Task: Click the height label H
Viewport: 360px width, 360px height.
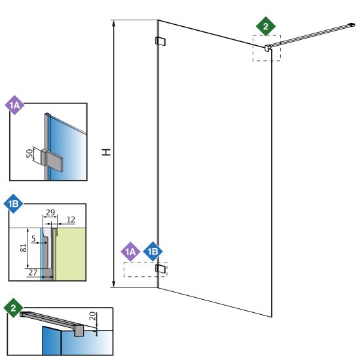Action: pyautogui.click(x=106, y=152)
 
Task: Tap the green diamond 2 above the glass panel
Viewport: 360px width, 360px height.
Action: pyautogui.click(x=266, y=26)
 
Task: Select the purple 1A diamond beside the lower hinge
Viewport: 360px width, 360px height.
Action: pyautogui.click(x=130, y=251)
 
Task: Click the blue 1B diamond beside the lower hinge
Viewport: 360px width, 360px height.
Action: pyautogui.click(x=153, y=251)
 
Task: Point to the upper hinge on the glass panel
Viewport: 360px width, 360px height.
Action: pyautogui.click(x=160, y=41)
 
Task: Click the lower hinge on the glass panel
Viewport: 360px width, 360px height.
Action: pyautogui.click(x=160, y=268)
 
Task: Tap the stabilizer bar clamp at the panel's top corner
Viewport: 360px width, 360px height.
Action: pyautogui.click(x=268, y=48)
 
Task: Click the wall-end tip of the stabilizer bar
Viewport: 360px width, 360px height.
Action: pyautogui.click(x=352, y=24)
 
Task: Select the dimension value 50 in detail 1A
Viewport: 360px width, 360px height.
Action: pyautogui.click(x=29, y=153)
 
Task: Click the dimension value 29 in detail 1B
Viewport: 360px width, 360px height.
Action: pyautogui.click(x=50, y=212)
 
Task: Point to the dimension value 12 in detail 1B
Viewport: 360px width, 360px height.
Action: pyautogui.click(x=71, y=220)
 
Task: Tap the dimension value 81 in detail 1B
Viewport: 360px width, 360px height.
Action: pyautogui.click(x=24, y=248)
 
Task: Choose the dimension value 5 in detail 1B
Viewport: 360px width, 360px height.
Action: pyautogui.click(x=34, y=239)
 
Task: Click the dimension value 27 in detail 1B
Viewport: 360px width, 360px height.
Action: pyautogui.click(x=33, y=272)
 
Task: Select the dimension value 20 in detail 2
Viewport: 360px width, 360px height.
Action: pyautogui.click(x=92, y=316)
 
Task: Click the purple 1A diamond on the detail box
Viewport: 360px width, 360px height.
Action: pyautogui.click(x=14, y=105)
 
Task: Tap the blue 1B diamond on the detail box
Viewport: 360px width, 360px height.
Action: pyautogui.click(x=13, y=204)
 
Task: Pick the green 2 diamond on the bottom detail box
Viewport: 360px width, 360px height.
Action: pyautogui.click(x=13, y=308)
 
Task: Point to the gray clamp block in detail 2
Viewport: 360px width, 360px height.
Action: pyautogui.click(x=79, y=330)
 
